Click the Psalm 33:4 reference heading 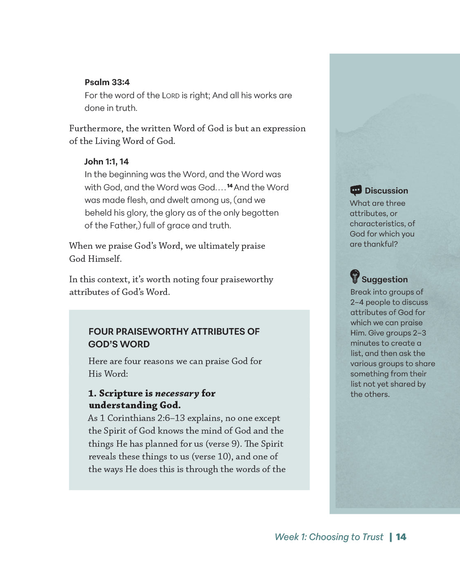[x=107, y=82]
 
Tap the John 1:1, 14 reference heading [x=106, y=162]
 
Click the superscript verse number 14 [x=230, y=186]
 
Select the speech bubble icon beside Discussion [x=356, y=190]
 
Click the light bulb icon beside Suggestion [x=355, y=277]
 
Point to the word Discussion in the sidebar [x=386, y=191]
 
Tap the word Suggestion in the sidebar [x=384, y=279]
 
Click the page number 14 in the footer [x=401, y=537]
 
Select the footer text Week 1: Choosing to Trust [x=329, y=537]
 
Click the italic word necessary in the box [x=177, y=393]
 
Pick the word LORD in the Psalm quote [x=171, y=96]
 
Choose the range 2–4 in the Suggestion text [x=357, y=302]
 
